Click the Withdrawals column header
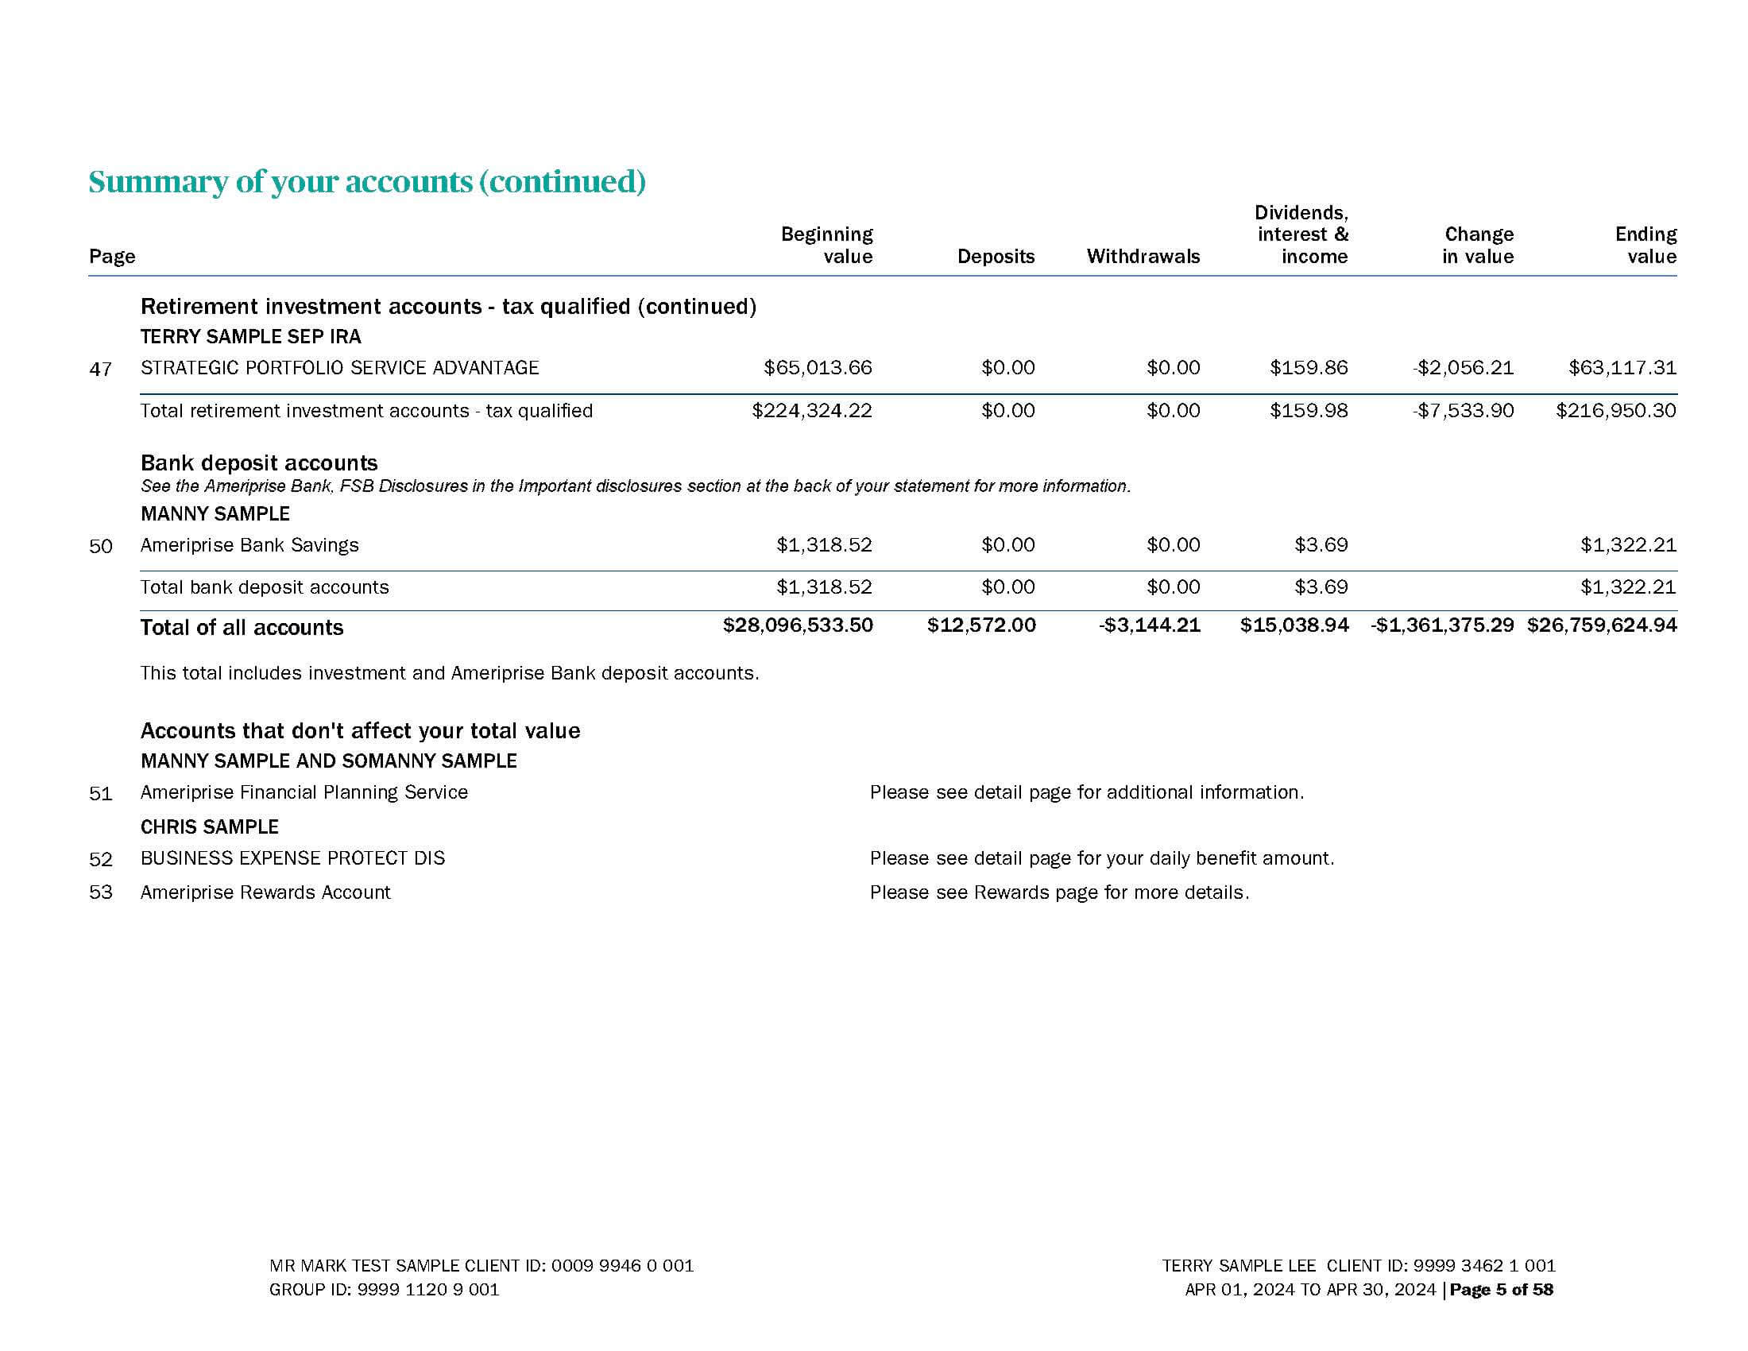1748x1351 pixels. point(1142,256)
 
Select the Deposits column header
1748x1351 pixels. point(995,256)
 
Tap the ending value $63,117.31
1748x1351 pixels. point(1622,367)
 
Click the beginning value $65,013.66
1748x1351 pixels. point(817,367)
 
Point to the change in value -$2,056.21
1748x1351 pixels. point(1462,367)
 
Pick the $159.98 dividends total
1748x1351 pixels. point(1308,411)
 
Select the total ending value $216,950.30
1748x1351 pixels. point(1615,411)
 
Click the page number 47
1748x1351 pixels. point(100,369)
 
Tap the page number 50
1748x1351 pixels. point(100,547)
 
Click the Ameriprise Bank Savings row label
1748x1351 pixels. point(249,545)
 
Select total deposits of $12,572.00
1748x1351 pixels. point(980,625)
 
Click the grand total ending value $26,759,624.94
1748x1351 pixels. point(1601,625)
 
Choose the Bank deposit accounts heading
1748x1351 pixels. point(258,463)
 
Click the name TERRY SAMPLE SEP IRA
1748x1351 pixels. point(250,336)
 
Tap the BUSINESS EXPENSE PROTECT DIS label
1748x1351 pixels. point(292,858)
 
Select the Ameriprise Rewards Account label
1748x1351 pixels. point(265,892)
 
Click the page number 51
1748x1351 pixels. point(100,794)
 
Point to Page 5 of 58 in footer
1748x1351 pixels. point(1501,1289)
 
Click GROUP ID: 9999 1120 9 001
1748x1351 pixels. point(384,1289)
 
